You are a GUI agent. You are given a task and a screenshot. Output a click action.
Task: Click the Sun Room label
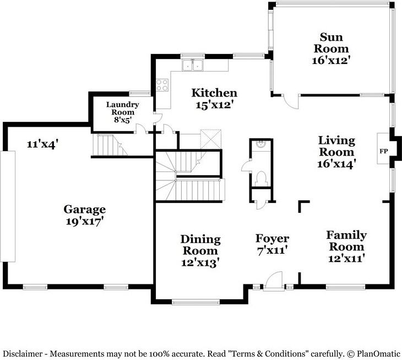(x=331, y=42)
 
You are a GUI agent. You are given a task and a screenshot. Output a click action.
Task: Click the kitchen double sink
(x=192, y=65)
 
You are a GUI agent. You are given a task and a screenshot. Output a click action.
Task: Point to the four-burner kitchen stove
(x=162, y=85)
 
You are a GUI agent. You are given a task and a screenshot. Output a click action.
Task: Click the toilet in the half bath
(x=261, y=178)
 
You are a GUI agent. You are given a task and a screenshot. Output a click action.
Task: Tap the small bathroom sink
(x=261, y=144)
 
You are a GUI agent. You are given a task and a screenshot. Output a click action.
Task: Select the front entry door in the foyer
(x=274, y=282)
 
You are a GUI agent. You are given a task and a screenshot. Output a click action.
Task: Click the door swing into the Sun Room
(x=291, y=102)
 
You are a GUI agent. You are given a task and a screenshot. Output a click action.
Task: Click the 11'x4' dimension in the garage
(x=41, y=144)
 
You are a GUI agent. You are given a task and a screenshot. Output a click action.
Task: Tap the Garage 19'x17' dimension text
(x=85, y=221)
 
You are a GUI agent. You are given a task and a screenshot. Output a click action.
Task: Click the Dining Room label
(x=200, y=245)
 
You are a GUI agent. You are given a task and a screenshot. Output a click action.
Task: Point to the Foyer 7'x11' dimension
(x=271, y=250)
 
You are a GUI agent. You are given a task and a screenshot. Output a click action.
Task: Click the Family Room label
(x=346, y=241)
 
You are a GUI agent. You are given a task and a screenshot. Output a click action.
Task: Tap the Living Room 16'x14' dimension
(x=336, y=163)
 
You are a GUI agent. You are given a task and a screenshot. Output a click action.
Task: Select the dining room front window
(x=195, y=302)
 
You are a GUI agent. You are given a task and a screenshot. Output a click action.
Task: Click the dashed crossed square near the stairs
(x=210, y=139)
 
